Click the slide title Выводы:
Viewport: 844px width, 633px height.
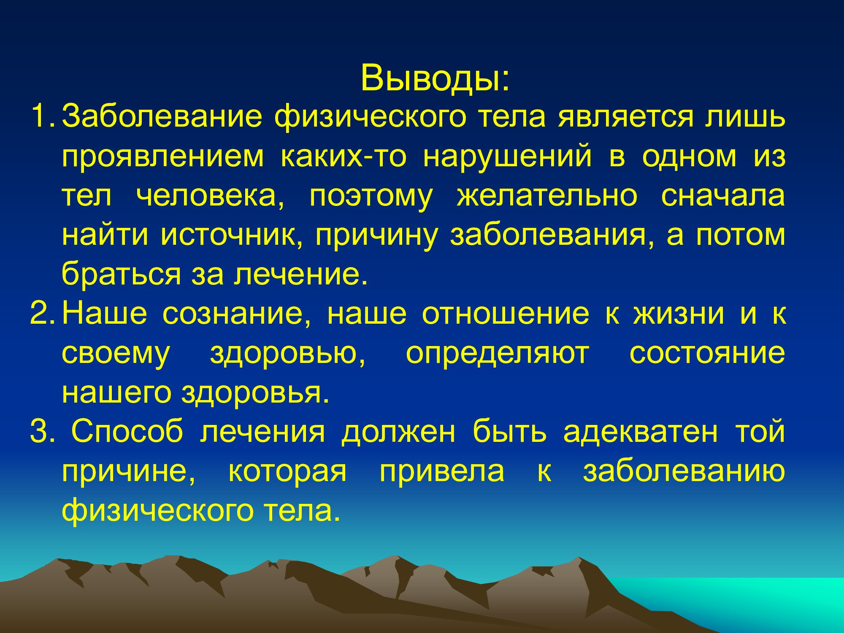(x=435, y=78)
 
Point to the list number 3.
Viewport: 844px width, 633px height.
(x=43, y=433)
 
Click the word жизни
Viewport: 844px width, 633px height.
(x=679, y=314)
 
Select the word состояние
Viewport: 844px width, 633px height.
(x=707, y=354)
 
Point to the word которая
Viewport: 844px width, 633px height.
(x=287, y=472)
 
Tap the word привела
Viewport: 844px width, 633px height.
(x=441, y=472)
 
